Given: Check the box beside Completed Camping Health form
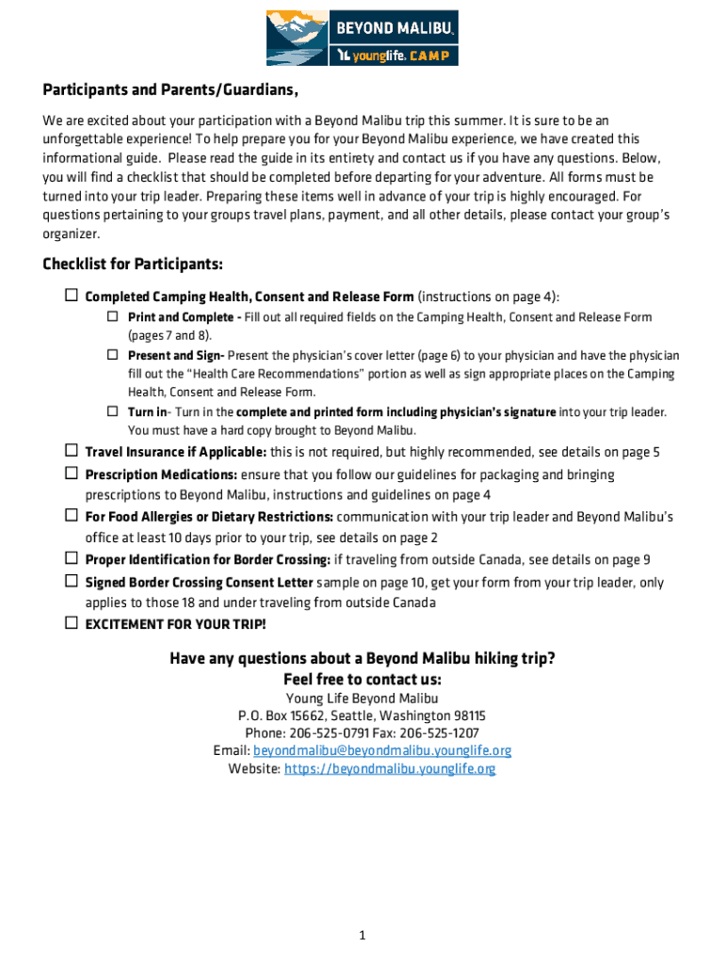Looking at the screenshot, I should (72, 296).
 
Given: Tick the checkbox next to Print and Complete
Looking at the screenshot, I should (111, 316).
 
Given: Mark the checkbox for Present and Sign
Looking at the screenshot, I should (111, 355).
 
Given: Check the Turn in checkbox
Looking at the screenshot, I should (111, 411).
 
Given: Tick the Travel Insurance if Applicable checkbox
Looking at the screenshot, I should (72, 451).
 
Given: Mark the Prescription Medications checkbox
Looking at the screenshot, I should (72, 474).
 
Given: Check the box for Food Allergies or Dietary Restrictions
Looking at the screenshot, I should (72, 516).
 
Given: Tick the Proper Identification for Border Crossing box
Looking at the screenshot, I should (72, 558).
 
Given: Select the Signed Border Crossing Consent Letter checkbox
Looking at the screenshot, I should (72, 582).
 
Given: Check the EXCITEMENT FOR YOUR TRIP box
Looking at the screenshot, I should (72, 623).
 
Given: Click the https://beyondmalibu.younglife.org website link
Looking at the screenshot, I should (390, 768).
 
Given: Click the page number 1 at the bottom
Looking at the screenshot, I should (362, 935).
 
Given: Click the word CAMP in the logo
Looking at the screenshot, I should (434, 57).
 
